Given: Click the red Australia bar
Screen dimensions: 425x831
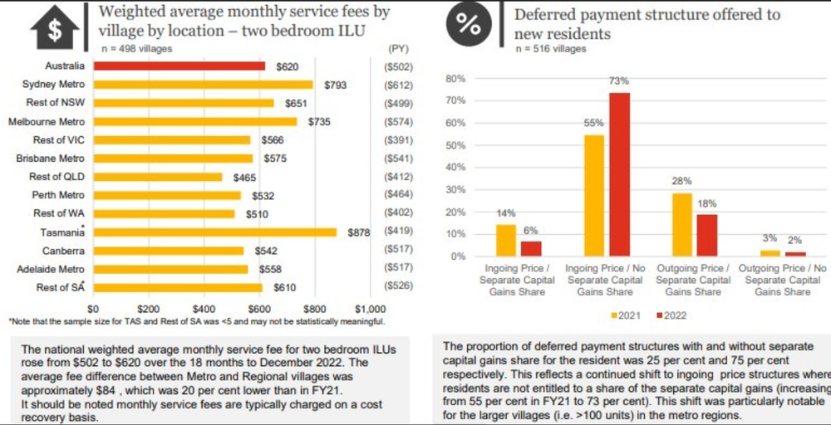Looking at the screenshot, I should tap(179, 66).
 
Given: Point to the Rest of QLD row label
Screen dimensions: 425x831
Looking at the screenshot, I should tap(57, 177).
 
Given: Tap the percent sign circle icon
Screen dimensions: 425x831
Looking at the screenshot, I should tap(468, 26).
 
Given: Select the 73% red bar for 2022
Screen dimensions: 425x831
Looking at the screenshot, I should tap(619, 173).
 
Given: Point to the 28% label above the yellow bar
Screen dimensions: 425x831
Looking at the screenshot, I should tap(681, 181).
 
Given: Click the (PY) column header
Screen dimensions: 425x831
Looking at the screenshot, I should tap(399, 49).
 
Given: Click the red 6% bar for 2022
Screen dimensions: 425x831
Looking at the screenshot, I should tap(529, 248).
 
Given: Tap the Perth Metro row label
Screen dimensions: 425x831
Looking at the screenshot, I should tap(56, 195).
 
